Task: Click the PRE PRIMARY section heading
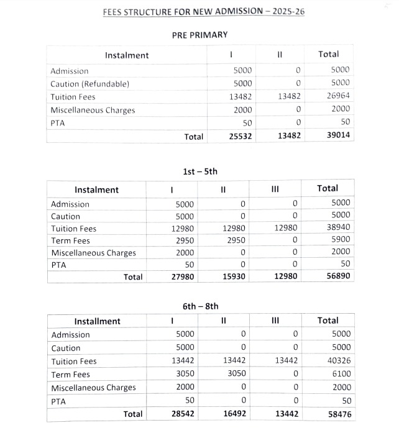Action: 199,35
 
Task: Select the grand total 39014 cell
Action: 338,136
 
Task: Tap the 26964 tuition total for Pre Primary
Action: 339,96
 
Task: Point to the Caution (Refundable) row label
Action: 89,84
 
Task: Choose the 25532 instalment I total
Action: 239,136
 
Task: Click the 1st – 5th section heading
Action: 200,171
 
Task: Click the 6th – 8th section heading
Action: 200,306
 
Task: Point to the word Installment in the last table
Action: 97,321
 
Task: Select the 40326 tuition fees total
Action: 338,361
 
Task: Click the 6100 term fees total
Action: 341,374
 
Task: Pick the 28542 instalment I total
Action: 182,413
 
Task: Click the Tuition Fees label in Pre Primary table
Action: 73,97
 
